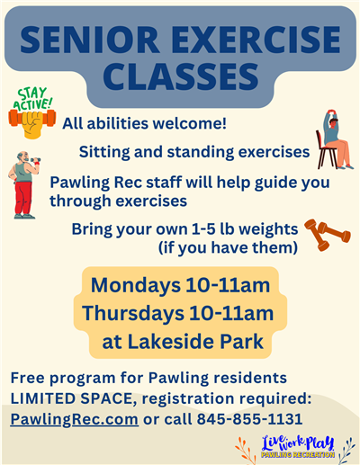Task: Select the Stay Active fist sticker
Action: (31, 113)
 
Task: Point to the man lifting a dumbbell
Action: (25, 183)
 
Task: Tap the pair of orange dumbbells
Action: (327, 235)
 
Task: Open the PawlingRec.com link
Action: (75, 418)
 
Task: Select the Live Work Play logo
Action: (298, 445)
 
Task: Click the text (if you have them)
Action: (227, 246)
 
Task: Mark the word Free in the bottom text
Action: (28, 376)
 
